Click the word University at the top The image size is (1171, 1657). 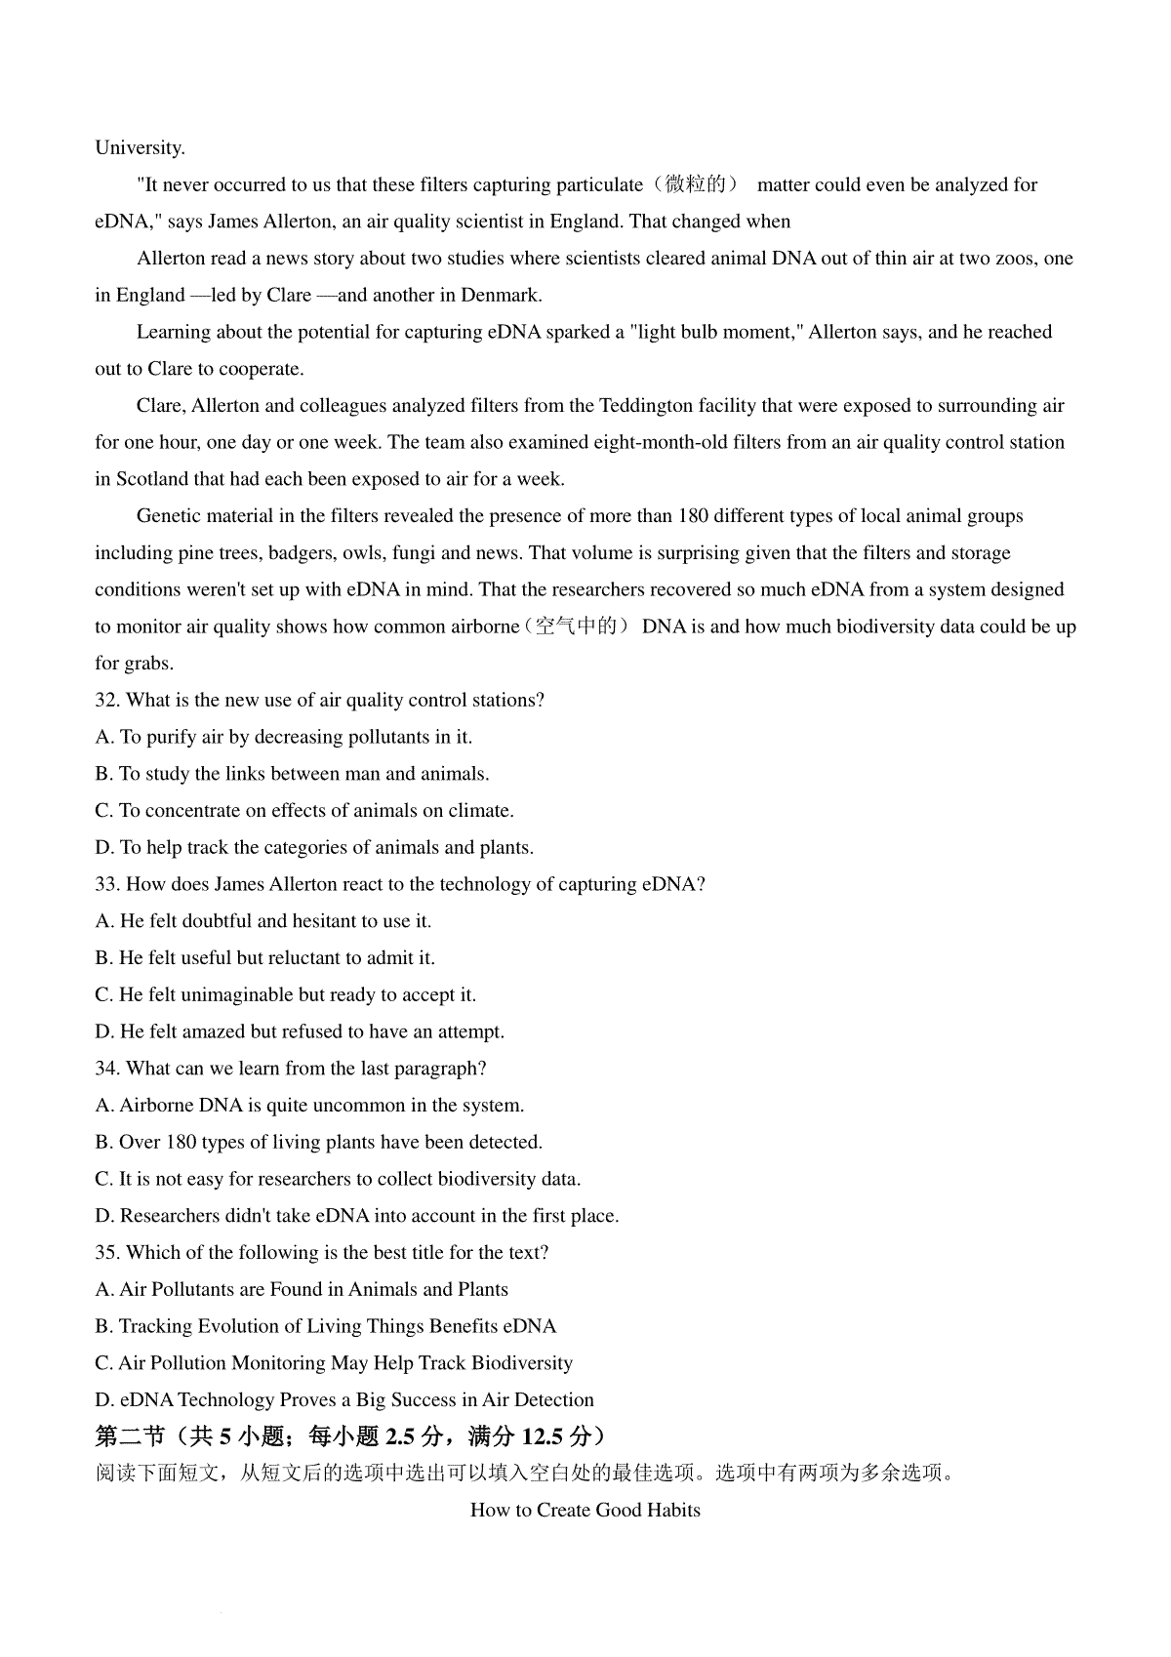tap(140, 148)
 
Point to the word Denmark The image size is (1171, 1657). tap(500, 295)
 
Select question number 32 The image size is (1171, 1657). tap(106, 700)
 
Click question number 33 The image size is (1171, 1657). tap(106, 884)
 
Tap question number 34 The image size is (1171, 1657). tap(106, 1069)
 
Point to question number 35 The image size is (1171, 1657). tap(106, 1252)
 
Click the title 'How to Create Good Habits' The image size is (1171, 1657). tap(585, 1510)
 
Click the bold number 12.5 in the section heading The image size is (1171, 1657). tap(546, 1436)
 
